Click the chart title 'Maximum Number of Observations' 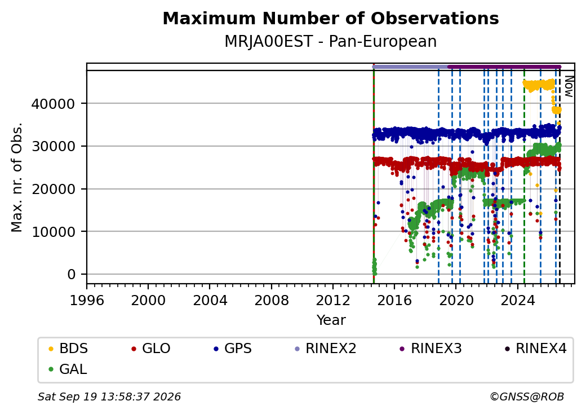click(x=331, y=18)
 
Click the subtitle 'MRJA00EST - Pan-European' click(x=331, y=41)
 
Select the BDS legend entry click(x=68, y=349)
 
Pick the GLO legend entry click(x=151, y=349)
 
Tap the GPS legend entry click(x=233, y=349)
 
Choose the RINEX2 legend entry click(x=326, y=349)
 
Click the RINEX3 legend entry click(x=431, y=349)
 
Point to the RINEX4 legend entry click(x=535, y=349)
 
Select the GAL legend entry click(x=68, y=369)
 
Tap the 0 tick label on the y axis click(x=72, y=275)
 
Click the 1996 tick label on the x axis click(x=87, y=300)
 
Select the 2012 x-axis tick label click(x=333, y=300)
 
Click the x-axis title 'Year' click(x=331, y=320)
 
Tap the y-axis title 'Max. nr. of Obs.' click(x=17, y=177)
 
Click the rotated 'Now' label click(x=569, y=86)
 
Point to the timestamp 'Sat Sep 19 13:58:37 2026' click(x=109, y=397)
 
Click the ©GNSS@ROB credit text click(x=527, y=397)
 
